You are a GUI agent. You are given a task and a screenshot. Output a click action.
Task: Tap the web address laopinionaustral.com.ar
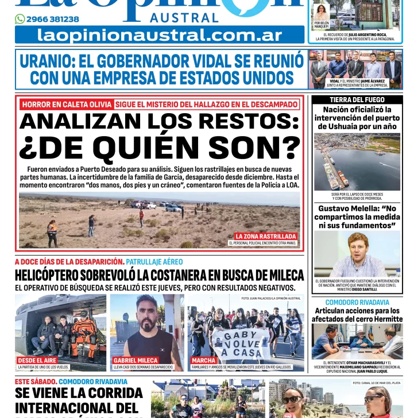[160, 35]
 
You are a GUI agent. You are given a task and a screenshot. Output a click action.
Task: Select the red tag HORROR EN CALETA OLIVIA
[66, 104]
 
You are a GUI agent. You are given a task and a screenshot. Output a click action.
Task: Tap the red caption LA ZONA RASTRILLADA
[266, 236]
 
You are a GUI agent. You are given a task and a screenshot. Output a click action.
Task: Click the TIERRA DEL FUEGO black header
[357, 100]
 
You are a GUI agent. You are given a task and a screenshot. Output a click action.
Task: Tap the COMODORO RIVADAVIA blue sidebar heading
[357, 302]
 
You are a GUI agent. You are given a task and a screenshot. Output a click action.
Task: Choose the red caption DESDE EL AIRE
[37, 360]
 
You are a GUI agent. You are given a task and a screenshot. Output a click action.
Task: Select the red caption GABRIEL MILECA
[136, 360]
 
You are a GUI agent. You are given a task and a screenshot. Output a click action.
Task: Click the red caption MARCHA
[203, 360]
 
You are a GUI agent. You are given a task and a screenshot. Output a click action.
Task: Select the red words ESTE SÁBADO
[35, 381]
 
